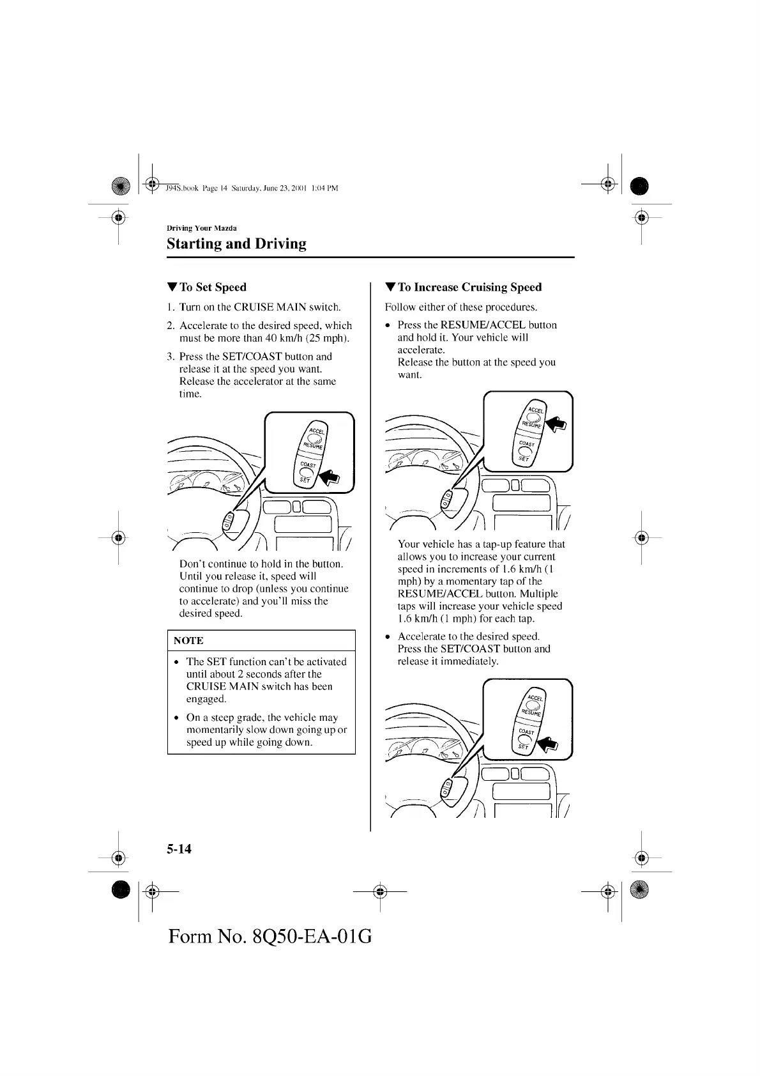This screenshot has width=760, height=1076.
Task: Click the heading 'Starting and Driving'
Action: pyautogui.click(x=236, y=244)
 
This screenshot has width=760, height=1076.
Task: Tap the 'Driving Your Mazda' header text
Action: pyautogui.click(x=201, y=228)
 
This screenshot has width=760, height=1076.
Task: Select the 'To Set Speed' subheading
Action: pyautogui.click(x=213, y=288)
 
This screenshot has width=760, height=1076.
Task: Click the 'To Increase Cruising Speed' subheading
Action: pyautogui.click(x=469, y=288)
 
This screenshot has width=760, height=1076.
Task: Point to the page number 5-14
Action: pyautogui.click(x=179, y=849)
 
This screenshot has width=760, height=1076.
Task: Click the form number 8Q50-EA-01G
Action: pyautogui.click(x=270, y=937)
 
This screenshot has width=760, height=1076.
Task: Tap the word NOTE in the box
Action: pyautogui.click(x=188, y=641)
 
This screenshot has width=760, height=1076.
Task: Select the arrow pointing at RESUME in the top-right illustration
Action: pyautogui.click(x=555, y=423)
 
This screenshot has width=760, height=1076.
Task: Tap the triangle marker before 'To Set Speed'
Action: pyautogui.click(x=171, y=288)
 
